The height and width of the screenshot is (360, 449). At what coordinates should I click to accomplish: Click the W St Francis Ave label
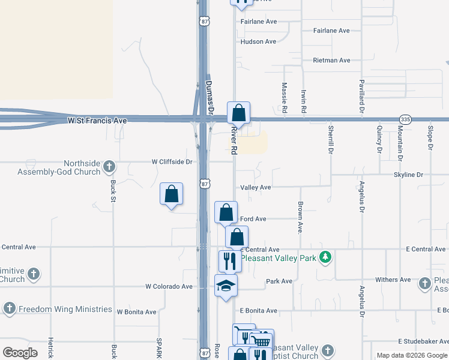[97, 121]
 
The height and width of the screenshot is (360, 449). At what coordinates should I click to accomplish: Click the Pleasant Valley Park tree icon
[326, 257]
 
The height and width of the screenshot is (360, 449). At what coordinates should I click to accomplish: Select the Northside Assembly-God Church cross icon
[109, 166]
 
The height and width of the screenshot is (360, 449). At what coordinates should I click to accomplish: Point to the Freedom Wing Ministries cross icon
[9, 309]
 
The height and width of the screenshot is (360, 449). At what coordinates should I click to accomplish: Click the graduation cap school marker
[226, 286]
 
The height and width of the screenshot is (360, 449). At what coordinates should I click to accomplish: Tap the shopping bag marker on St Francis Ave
[238, 113]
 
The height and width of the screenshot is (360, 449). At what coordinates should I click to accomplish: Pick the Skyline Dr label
[408, 175]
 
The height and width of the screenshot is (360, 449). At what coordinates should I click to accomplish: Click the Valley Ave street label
[256, 187]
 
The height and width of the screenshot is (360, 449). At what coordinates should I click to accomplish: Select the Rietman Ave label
[331, 61]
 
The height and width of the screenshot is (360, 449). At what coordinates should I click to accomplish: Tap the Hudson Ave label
[258, 41]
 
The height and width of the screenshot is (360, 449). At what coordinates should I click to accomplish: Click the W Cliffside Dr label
[172, 161]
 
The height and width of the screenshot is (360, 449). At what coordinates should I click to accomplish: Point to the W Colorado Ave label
[169, 287]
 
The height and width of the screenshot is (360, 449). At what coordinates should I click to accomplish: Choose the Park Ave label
[279, 281]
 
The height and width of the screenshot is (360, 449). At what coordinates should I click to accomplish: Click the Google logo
[20, 353]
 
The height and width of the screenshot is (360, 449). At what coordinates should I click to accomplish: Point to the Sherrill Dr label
[330, 137]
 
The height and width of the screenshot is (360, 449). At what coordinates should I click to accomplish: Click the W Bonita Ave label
[136, 312]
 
